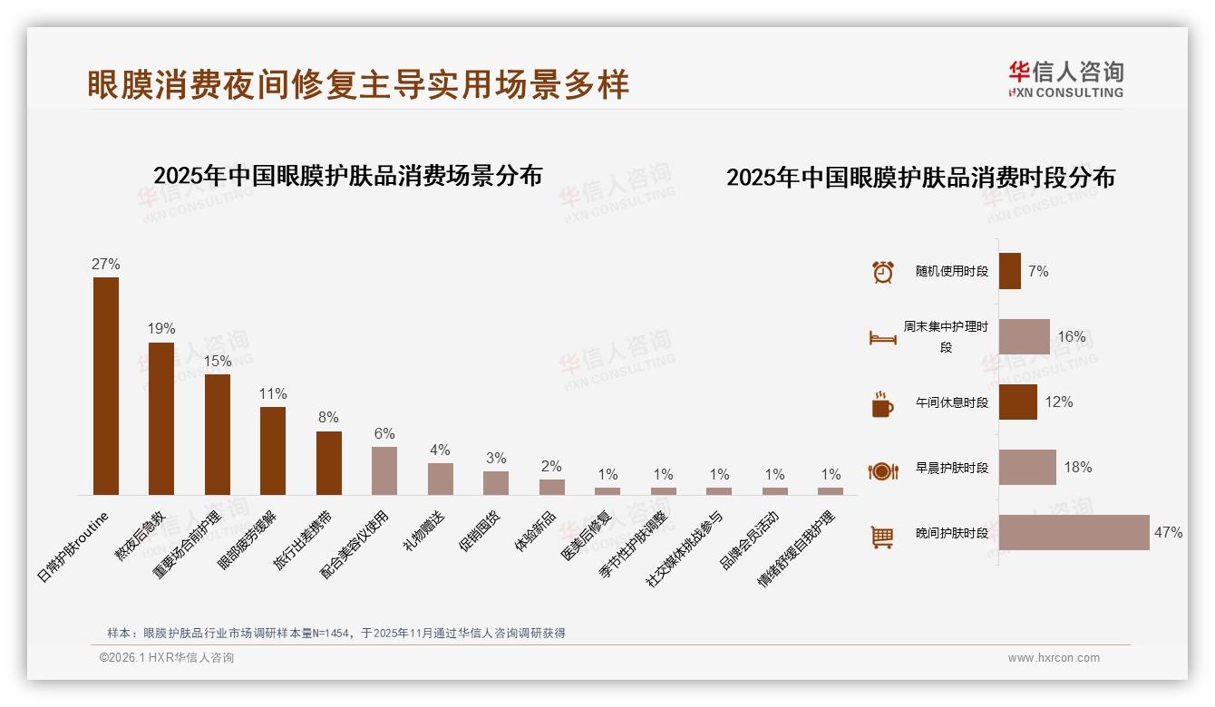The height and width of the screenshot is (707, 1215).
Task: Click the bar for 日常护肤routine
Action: tap(106, 386)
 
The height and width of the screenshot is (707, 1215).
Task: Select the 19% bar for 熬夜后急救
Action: tap(161, 419)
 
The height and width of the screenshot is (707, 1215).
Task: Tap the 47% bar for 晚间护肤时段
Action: tap(1074, 533)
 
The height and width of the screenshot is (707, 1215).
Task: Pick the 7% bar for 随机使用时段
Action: tap(1010, 271)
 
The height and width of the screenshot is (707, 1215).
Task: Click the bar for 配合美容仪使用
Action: tap(384, 470)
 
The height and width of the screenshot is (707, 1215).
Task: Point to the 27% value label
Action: tap(106, 265)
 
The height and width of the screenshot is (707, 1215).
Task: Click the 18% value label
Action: tap(1078, 468)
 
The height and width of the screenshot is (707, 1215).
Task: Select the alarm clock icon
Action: tap(882, 272)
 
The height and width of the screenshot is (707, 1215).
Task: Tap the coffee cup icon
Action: tap(882, 403)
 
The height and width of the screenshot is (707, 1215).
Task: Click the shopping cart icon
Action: tap(882, 537)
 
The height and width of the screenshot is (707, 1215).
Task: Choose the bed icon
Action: tap(882, 337)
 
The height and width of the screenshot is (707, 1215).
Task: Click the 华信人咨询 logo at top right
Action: tap(1065, 79)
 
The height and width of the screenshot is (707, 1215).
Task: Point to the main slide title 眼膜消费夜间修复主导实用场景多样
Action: tap(358, 84)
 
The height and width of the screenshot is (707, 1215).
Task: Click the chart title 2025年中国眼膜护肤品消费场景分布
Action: tap(347, 176)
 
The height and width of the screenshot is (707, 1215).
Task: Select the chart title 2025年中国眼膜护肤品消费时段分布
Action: tap(920, 178)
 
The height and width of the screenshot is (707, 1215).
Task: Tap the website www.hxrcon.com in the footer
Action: tap(1054, 658)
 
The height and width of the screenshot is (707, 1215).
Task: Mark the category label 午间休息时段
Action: tap(951, 402)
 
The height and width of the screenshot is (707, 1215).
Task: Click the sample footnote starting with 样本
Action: tap(336, 633)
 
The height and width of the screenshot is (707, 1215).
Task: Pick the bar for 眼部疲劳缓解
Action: tap(273, 450)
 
